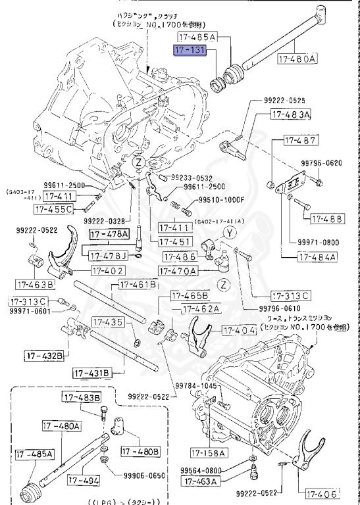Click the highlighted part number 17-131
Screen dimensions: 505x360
[x=190, y=49]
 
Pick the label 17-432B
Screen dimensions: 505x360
[x=45, y=356]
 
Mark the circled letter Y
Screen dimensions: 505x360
[x=228, y=231]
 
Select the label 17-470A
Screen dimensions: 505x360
[x=180, y=270]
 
